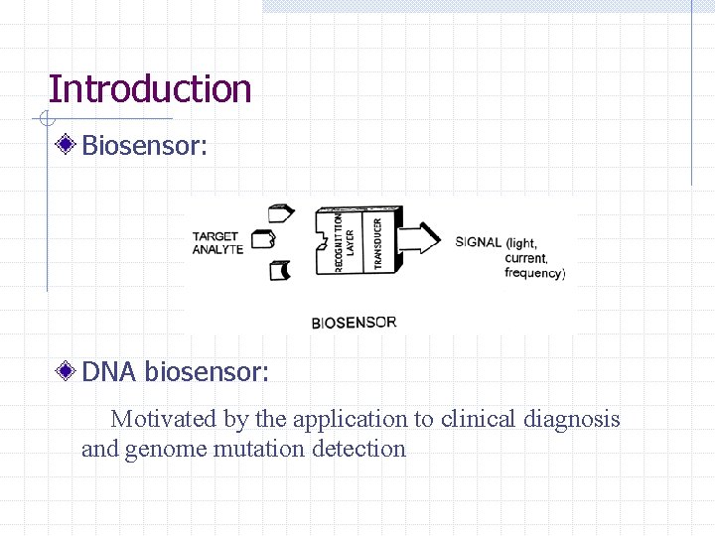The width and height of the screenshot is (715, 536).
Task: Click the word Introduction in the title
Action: tap(150, 88)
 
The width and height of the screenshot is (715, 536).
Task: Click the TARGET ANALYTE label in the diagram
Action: tap(216, 243)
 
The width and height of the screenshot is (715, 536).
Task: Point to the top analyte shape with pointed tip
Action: tap(282, 211)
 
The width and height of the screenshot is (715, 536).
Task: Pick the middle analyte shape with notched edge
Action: tap(263, 239)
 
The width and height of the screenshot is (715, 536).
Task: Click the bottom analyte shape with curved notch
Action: tap(280, 270)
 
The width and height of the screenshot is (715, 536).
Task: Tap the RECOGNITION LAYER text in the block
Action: tap(344, 241)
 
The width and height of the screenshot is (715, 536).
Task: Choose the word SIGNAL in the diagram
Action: tap(478, 242)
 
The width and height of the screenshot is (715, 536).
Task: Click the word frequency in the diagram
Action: tap(534, 273)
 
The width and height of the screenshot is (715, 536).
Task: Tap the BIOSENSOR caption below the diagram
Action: tap(354, 323)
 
